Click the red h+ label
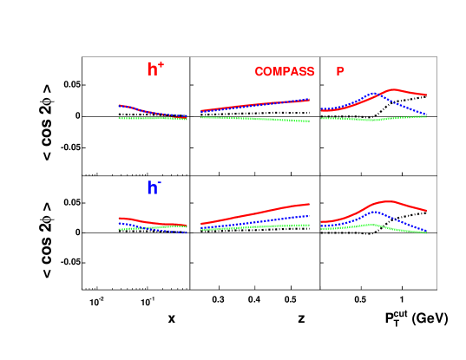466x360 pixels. point(154,69)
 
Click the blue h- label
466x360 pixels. point(153,187)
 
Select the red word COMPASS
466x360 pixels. point(284,72)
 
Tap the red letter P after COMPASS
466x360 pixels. point(340,72)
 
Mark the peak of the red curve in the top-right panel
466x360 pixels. point(394,89)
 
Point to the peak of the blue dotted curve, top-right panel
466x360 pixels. point(373,93)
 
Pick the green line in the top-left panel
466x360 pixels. point(152,118)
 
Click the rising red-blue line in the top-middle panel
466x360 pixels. point(256,105)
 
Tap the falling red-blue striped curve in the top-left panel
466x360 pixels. point(152,112)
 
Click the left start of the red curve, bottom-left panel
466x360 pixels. point(121,218)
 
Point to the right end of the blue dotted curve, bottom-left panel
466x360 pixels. point(186,232)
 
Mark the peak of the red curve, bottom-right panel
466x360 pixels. point(387,201)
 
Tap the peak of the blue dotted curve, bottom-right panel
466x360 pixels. point(371,212)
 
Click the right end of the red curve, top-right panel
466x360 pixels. point(425,95)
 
